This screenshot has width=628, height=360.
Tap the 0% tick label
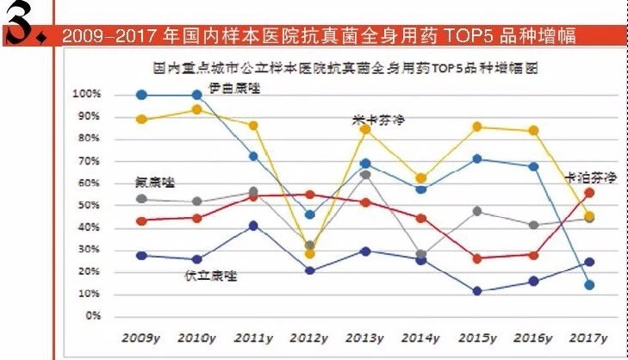93,315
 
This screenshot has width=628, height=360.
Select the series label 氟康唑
155,182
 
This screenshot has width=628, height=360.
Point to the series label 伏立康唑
211,276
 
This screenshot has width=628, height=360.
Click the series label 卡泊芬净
591,177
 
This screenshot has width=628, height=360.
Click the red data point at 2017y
589,193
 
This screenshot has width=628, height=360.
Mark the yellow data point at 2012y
310,254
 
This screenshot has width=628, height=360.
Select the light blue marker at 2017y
589,285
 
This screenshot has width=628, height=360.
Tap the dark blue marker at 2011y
253,226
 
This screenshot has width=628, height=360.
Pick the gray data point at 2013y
365,175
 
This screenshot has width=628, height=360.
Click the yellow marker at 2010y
197,109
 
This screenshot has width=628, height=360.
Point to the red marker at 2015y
477,258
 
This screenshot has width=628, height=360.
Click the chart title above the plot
349,68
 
